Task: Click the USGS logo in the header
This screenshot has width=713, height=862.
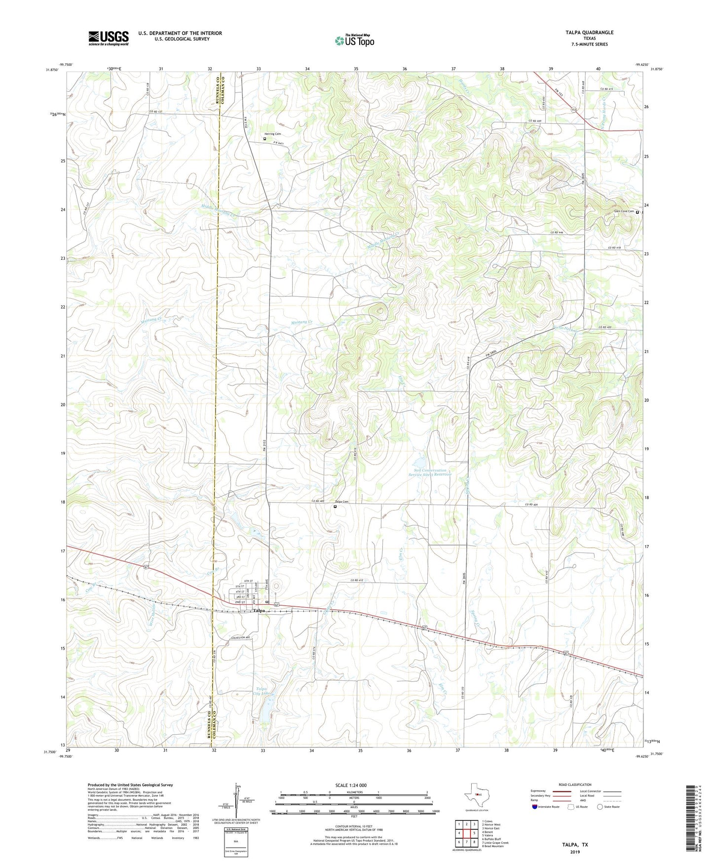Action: click(109, 38)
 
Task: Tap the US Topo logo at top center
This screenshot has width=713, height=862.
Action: click(354, 40)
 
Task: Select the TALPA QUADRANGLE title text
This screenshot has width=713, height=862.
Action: click(589, 33)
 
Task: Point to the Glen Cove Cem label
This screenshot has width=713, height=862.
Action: click(624, 211)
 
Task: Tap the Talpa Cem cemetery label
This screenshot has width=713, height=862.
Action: click(342, 502)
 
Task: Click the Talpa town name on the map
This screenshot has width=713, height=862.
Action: click(259, 611)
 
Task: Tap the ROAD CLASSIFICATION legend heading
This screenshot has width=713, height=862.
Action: click(575, 784)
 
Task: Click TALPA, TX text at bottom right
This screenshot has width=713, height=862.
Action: click(575, 845)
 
